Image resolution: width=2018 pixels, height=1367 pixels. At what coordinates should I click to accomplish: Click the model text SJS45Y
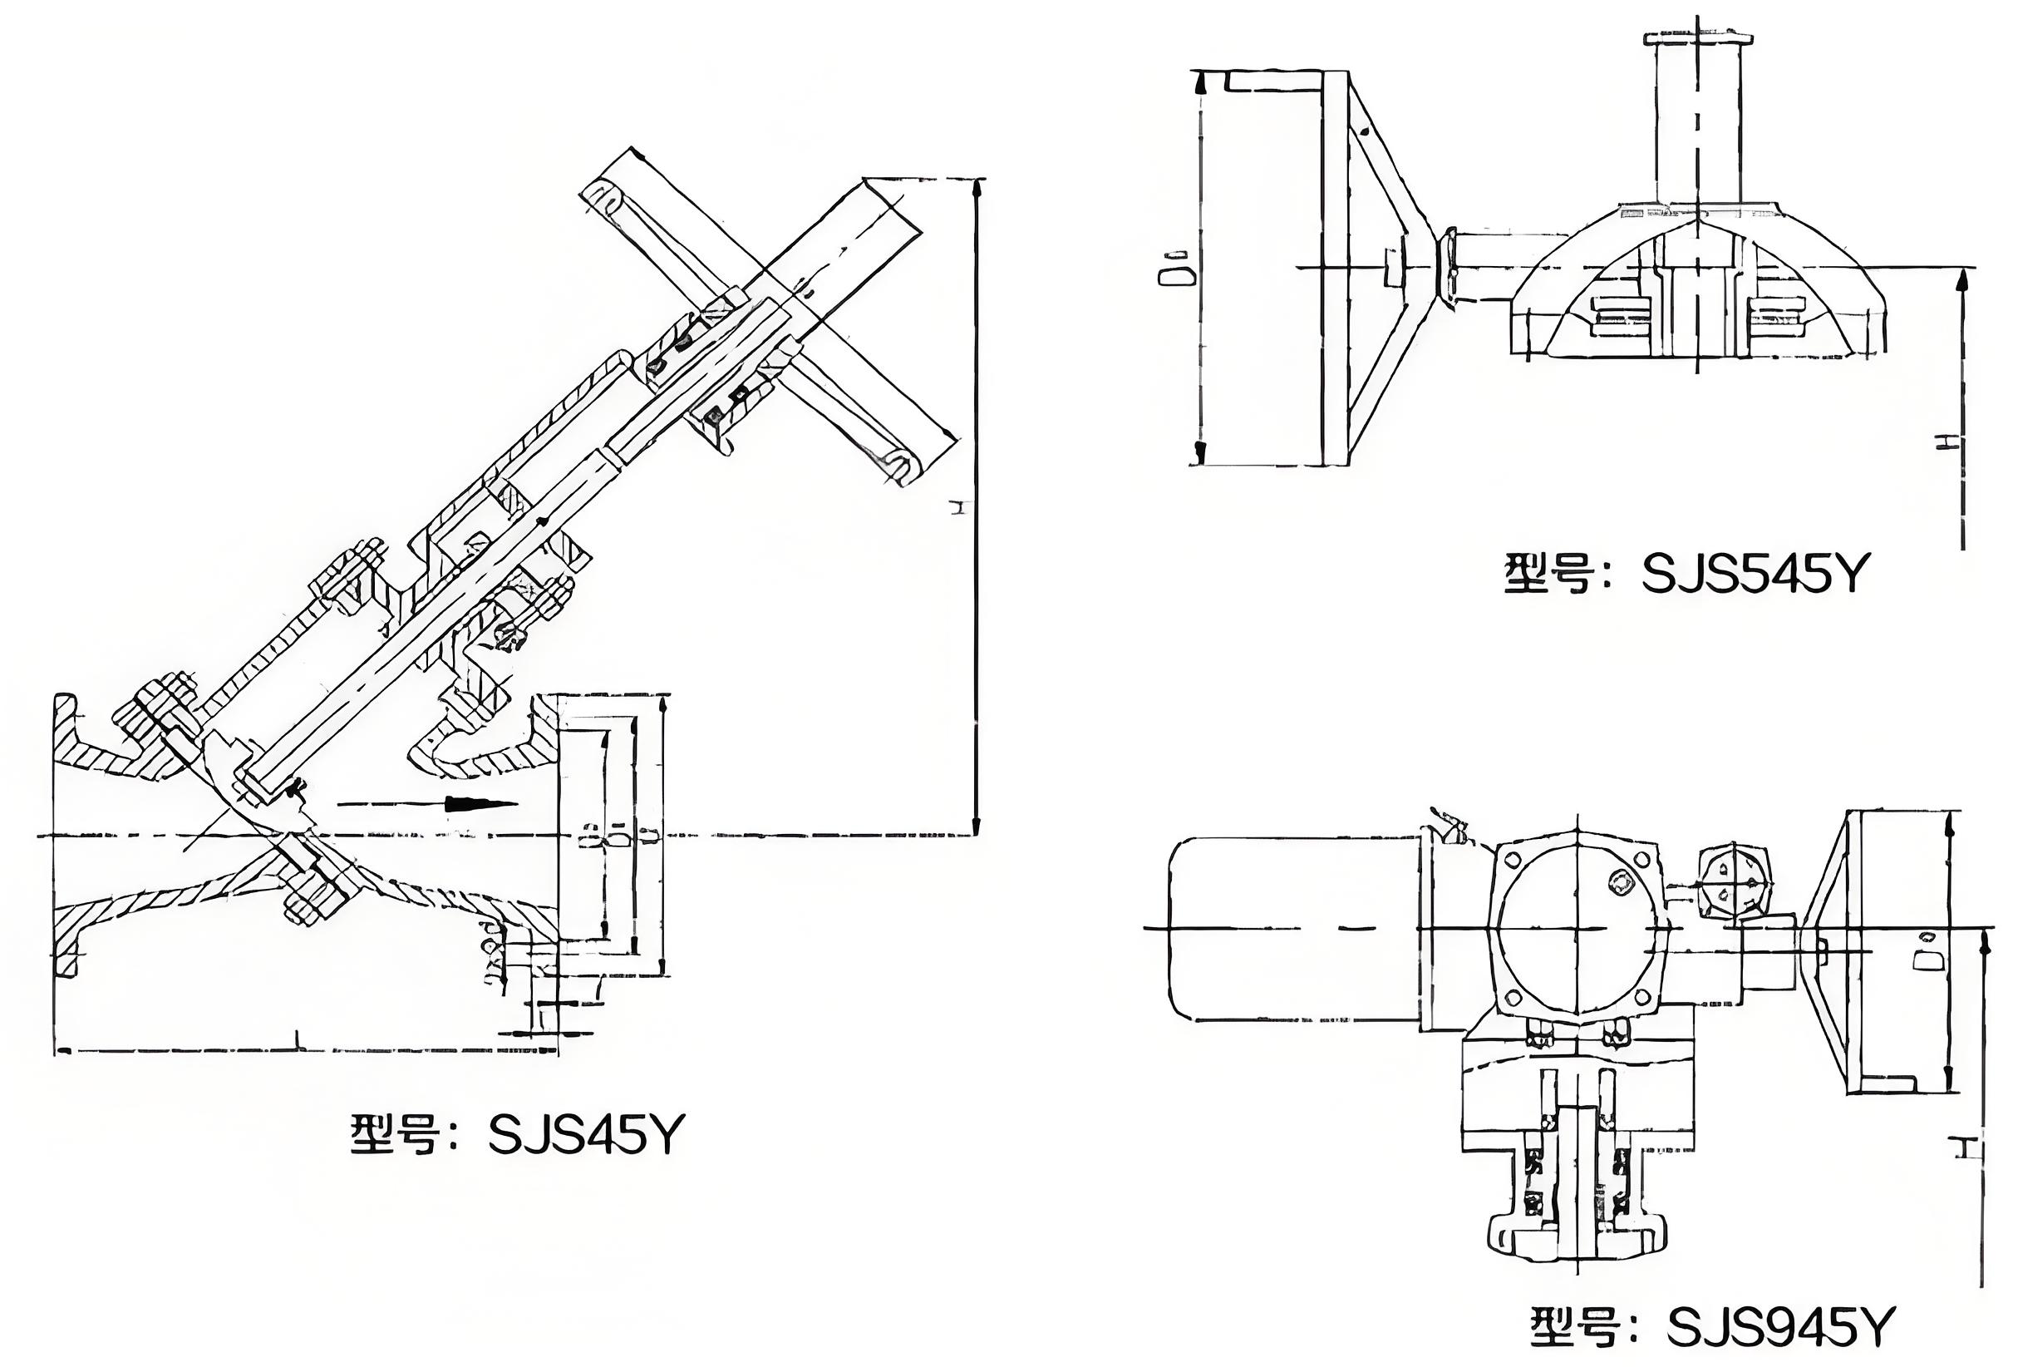point(586,1134)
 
